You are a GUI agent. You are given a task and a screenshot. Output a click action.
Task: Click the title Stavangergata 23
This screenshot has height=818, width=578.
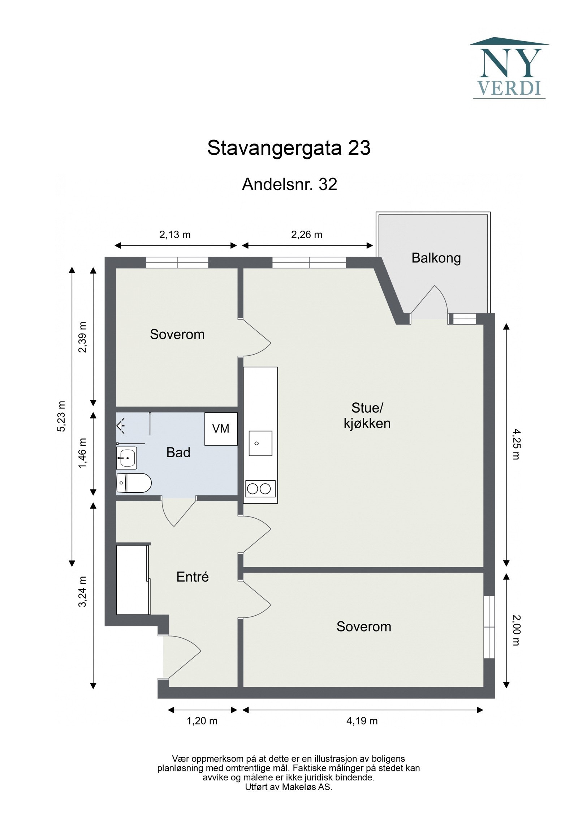tap(289, 148)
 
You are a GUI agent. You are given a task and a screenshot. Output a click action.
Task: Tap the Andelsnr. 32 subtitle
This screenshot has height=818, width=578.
tap(289, 184)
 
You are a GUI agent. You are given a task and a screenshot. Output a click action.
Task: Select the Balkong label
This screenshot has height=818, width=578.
tap(436, 258)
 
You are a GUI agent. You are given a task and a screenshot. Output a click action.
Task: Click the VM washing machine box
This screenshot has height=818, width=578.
tap(221, 429)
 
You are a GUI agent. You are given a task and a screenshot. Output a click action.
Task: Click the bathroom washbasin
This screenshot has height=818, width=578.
tap(126, 458)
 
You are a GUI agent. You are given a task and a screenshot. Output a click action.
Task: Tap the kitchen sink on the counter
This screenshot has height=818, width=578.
tap(260, 443)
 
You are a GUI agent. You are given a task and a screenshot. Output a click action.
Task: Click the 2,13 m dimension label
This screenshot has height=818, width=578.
tap(175, 235)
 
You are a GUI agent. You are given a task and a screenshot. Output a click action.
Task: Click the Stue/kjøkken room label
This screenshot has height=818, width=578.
tap(367, 416)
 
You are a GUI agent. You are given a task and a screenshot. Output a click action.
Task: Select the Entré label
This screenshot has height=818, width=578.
tap(192, 577)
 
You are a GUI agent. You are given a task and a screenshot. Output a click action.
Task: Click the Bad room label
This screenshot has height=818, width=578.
tap(178, 453)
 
